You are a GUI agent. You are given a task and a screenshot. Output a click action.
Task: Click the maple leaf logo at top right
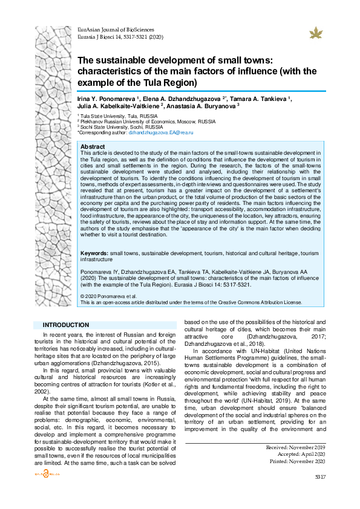click(315, 33)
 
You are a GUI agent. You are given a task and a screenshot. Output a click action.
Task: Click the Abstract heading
click(93, 147)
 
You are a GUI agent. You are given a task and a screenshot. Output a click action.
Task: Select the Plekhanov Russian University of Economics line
click(147, 121)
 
